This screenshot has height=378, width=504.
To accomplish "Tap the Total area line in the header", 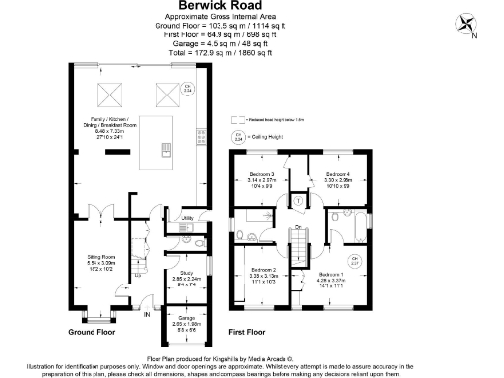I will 251,47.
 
